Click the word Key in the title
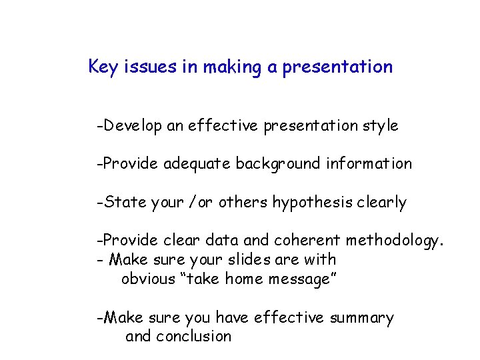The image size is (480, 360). click(102, 67)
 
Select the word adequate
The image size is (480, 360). click(197, 163)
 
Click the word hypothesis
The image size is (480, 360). click(312, 203)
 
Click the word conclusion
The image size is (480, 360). click(193, 336)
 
